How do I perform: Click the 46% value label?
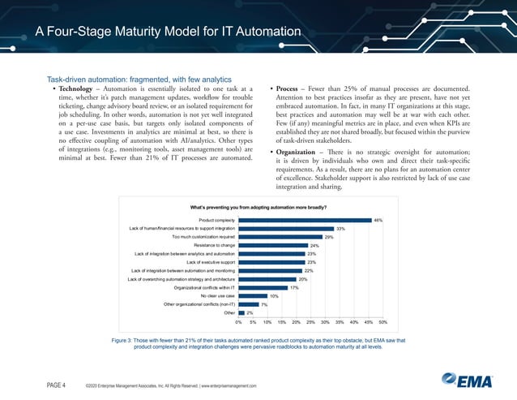click(378, 220)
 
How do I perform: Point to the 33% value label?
click(341, 228)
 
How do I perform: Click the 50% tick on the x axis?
click(382, 322)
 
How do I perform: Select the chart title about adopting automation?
click(258, 207)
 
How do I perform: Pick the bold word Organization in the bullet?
click(302, 153)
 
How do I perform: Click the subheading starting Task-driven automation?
click(134, 79)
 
